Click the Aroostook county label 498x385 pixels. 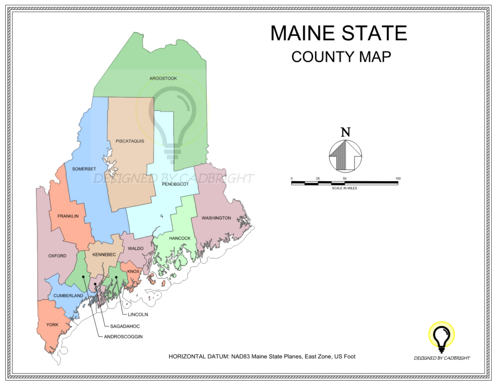[x=163, y=78]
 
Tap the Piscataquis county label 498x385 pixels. [x=130, y=141]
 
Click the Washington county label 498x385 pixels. [x=216, y=218]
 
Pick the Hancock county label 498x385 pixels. [x=180, y=238]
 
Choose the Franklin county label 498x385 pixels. [x=68, y=216]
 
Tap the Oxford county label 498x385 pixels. [x=57, y=256]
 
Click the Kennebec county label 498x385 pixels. [x=104, y=255]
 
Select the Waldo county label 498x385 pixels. [x=136, y=249]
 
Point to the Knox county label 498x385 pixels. [x=133, y=271]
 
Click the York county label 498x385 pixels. [x=52, y=325]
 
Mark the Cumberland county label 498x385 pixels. [x=68, y=295]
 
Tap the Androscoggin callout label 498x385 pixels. [x=123, y=336]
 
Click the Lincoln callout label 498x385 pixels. [x=138, y=314]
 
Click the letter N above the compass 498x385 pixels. [x=345, y=132]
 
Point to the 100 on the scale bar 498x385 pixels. [x=397, y=179]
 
